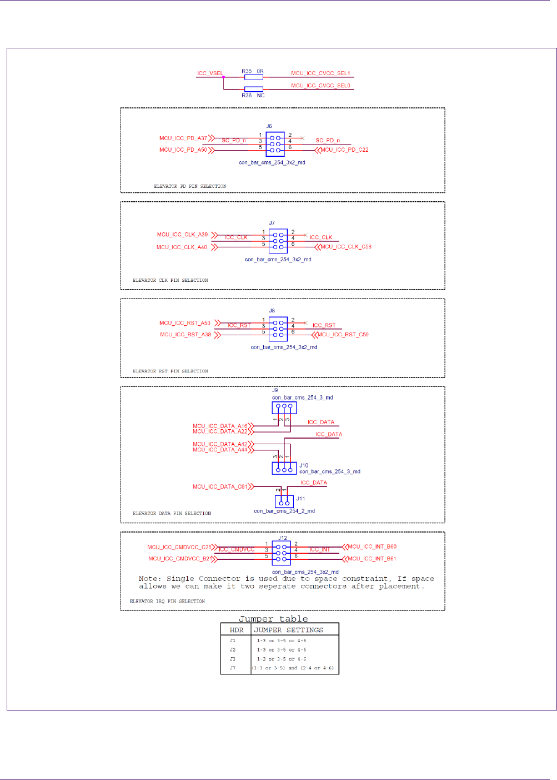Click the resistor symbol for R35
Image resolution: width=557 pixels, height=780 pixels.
[x=253, y=77]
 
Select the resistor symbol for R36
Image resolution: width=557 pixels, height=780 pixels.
[x=253, y=89]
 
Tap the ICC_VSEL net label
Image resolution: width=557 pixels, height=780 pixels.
[x=210, y=73]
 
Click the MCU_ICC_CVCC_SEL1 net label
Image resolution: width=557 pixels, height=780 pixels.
[x=320, y=73]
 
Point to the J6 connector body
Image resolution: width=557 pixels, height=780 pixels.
[x=275, y=143]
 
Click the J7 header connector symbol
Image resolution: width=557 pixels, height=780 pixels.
[x=278, y=241]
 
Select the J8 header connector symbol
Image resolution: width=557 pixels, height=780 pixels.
[x=278, y=329]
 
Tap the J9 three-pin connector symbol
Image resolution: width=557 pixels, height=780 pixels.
[x=284, y=408]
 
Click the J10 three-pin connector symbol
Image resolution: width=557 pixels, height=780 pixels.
[x=284, y=468]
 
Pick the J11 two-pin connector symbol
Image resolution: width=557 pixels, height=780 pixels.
[x=284, y=501]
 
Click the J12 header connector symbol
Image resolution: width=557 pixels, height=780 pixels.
[x=281, y=553]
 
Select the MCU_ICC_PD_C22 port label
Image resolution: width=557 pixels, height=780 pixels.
[x=344, y=150]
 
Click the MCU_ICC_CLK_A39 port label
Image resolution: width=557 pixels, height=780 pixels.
[x=182, y=235]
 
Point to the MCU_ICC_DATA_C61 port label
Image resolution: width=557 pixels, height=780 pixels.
[x=220, y=486]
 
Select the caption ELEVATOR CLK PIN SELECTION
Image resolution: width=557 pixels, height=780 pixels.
[x=170, y=280]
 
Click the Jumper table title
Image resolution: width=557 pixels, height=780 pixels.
[x=273, y=619]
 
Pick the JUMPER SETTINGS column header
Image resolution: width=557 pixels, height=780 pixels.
[x=288, y=630]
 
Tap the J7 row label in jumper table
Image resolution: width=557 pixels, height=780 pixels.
[x=233, y=668]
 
